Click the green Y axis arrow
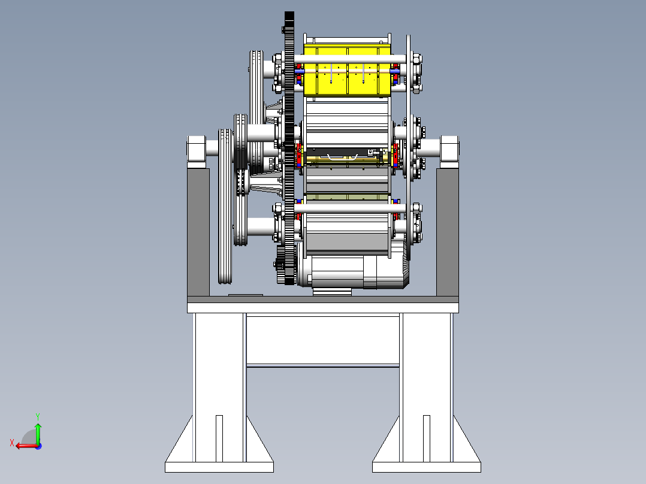point(38,433)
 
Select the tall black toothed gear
point(289,149)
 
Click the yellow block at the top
point(347,70)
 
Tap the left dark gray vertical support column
point(198,232)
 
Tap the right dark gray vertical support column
point(448,232)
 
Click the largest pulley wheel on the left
point(225,206)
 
